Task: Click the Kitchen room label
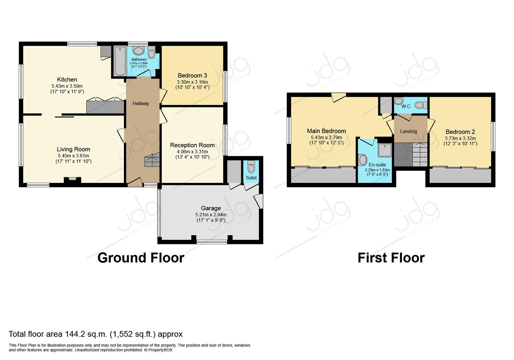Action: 67,79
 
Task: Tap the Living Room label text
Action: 73,149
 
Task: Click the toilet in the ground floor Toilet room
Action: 251,167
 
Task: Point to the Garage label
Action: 211,208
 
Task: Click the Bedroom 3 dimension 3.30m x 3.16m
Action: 192,82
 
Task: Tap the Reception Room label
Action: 192,145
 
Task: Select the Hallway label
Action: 141,103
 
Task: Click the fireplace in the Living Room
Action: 72,180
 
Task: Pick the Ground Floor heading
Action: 141,258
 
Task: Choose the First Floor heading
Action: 391,258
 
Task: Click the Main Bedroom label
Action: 326,131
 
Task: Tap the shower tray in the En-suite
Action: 385,150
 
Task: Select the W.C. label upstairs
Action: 406,106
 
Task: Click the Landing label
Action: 408,131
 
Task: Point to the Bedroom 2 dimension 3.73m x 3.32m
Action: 460,138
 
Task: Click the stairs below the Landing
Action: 420,155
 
